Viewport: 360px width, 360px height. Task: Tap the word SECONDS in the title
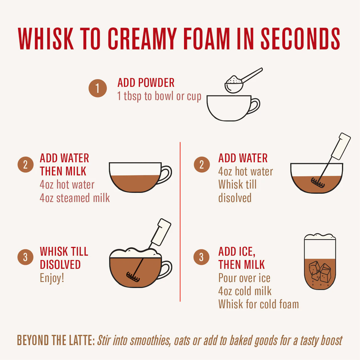(x=300, y=39)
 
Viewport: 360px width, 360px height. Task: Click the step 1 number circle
(x=97, y=88)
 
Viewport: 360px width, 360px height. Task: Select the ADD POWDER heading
(x=146, y=83)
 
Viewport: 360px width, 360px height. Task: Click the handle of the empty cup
(x=255, y=106)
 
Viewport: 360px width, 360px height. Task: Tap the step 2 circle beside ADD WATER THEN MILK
(x=25, y=164)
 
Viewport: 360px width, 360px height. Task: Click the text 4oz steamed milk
(x=75, y=198)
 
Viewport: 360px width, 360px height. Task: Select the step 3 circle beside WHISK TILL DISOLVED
(x=25, y=257)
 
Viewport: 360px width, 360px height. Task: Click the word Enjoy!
(x=52, y=278)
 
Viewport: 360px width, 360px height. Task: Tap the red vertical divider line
(x=180, y=222)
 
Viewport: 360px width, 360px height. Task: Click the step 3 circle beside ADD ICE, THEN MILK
(x=201, y=257)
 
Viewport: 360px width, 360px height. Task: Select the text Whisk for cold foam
(x=259, y=304)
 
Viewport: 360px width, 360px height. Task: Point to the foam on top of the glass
(x=320, y=237)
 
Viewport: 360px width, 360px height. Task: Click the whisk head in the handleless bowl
(x=318, y=183)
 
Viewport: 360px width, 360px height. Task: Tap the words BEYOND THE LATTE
(x=56, y=340)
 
